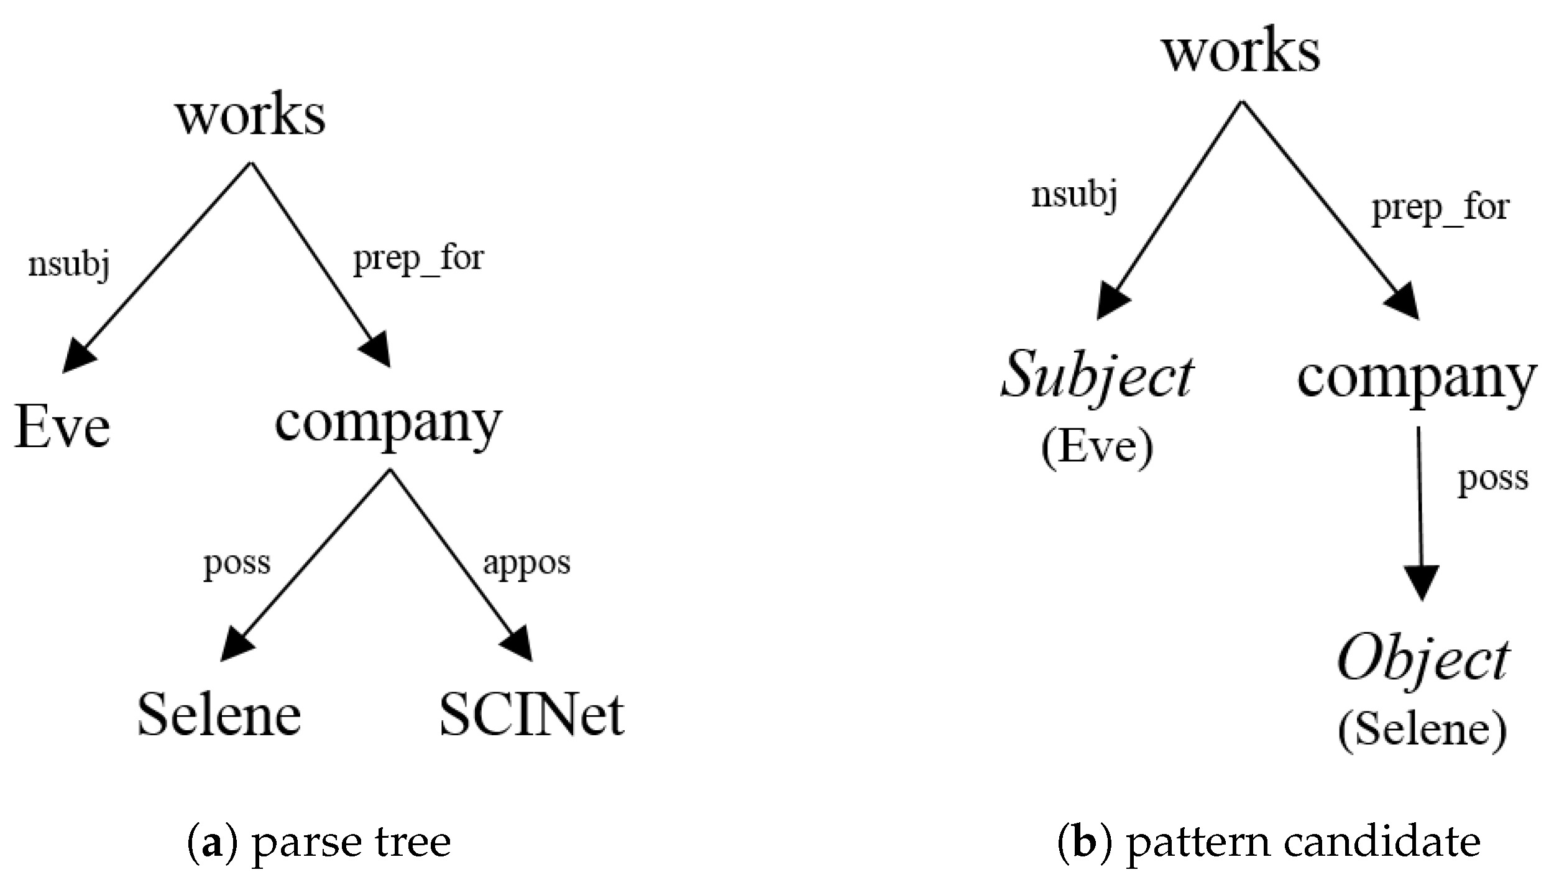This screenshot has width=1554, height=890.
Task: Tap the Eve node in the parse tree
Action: pos(62,427)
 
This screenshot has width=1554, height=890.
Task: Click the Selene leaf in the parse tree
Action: pos(219,715)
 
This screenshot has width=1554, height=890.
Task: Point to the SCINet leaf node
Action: pos(531,715)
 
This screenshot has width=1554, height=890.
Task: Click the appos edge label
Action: pos(526,564)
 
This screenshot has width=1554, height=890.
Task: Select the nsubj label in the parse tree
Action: pos(69,266)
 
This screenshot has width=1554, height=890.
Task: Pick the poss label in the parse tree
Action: pos(237,564)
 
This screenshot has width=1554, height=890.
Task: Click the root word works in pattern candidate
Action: pos(1242,52)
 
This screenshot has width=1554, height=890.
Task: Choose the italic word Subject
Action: pos(1097,376)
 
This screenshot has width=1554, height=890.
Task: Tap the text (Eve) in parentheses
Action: pos(1097,446)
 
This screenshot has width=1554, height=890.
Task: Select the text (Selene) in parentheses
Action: pos(1422,730)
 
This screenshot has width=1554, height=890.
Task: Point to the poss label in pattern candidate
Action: pos(1493,479)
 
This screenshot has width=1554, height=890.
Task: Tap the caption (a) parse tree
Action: pos(319,842)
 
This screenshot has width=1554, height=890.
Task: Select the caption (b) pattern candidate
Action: pos(1269,842)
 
